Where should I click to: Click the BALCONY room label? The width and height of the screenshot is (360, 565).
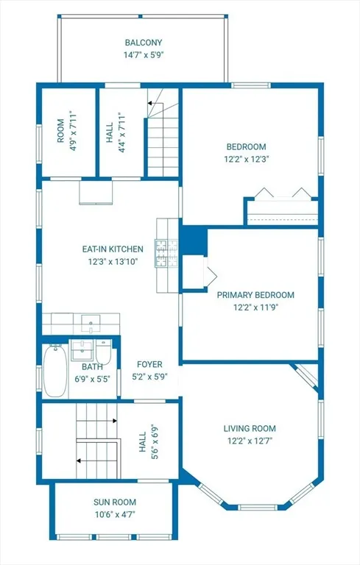[x=144, y=43]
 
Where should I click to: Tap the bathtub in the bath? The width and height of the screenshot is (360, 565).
[x=54, y=371]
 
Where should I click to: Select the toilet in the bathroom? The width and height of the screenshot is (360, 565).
[x=104, y=352]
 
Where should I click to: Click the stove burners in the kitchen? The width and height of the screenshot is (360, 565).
[x=166, y=253]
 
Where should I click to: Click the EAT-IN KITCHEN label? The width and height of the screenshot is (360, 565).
[x=113, y=249]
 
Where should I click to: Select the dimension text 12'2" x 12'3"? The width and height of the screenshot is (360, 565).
[x=247, y=159]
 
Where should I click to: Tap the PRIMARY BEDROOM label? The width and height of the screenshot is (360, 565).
[x=255, y=295]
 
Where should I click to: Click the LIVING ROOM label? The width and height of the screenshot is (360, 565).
[x=250, y=428]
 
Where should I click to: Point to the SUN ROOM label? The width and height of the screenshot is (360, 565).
[x=115, y=502]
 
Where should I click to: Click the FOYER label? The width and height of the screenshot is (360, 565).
[x=149, y=364]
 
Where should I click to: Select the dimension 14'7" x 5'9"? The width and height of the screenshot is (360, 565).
[x=144, y=55]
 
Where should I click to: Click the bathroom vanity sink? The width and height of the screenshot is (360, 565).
[x=82, y=349]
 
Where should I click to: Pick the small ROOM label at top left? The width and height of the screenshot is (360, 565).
[x=60, y=131]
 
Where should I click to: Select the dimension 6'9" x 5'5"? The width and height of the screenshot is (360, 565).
[x=92, y=379]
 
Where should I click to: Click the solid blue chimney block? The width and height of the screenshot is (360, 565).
[x=194, y=241]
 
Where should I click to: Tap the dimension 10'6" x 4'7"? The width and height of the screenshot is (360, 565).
[x=116, y=514]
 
